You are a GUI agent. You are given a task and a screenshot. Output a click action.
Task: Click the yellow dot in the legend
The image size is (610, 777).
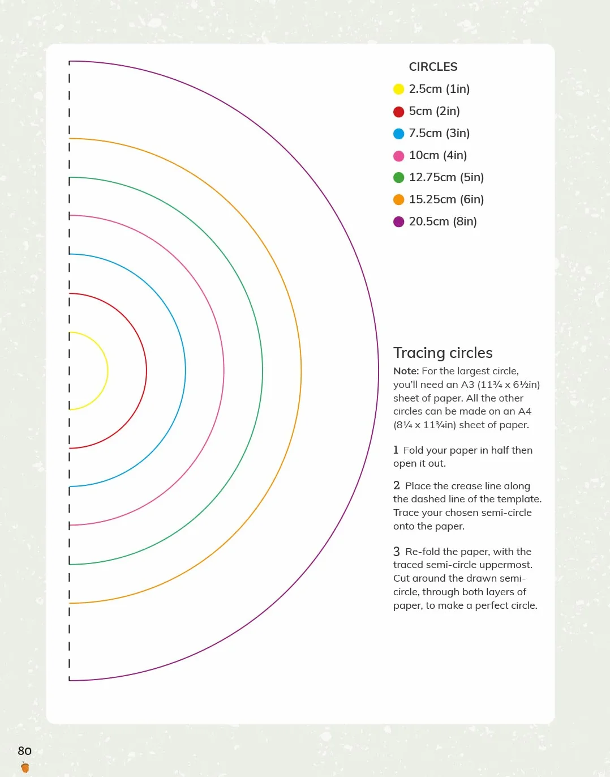[398, 89]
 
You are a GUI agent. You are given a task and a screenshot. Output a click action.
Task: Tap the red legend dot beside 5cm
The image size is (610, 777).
[398, 112]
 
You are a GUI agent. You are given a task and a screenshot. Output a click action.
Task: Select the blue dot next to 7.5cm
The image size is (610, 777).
[398, 134]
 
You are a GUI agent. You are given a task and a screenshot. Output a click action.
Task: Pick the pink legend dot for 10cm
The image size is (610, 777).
[398, 156]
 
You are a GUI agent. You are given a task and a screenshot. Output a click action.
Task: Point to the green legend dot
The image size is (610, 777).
[398, 177]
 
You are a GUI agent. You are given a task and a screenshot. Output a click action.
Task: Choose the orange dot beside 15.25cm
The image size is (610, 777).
[398, 199]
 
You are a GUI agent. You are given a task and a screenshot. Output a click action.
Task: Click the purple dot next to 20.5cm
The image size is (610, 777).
[398, 221]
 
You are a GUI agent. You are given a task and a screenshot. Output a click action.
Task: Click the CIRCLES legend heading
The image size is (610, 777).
[433, 67]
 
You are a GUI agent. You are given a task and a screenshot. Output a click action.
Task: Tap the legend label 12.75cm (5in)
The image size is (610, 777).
[446, 177]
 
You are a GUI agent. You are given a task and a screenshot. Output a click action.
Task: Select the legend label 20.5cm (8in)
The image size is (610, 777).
[443, 221]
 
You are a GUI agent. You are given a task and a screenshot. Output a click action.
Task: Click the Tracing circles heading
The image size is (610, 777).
[443, 353]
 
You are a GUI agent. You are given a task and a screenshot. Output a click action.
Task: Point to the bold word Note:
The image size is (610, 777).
[406, 371]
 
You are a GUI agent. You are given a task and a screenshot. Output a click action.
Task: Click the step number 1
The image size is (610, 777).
[396, 450]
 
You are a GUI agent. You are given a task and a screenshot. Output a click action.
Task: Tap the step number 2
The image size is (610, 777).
[397, 485]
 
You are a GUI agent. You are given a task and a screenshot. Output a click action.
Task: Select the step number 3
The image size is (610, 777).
[397, 552]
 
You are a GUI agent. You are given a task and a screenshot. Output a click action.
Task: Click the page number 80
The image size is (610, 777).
[25, 751]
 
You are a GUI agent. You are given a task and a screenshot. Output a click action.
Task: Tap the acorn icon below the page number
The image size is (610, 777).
[25, 767]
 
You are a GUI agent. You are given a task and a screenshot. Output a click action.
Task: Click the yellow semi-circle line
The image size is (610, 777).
[108, 371]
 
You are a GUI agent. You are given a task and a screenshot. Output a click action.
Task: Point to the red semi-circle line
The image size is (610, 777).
[147, 371]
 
